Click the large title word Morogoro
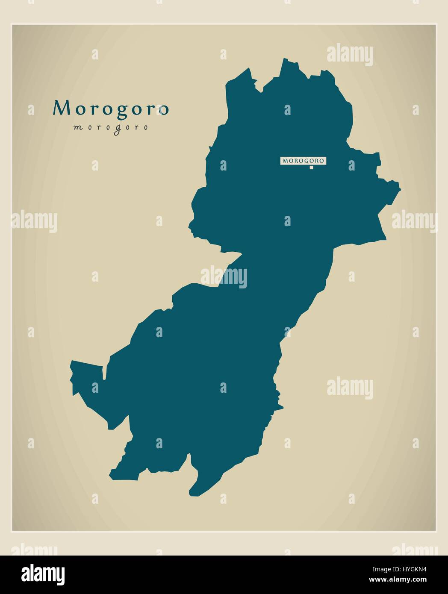tap(111, 109)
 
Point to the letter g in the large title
tap(124, 110)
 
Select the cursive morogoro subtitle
tap(111, 127)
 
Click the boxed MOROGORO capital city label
tap(304, 161)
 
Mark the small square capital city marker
tap(312, 168)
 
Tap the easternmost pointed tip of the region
tap(400, 187)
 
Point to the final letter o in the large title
tap(164, 110)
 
